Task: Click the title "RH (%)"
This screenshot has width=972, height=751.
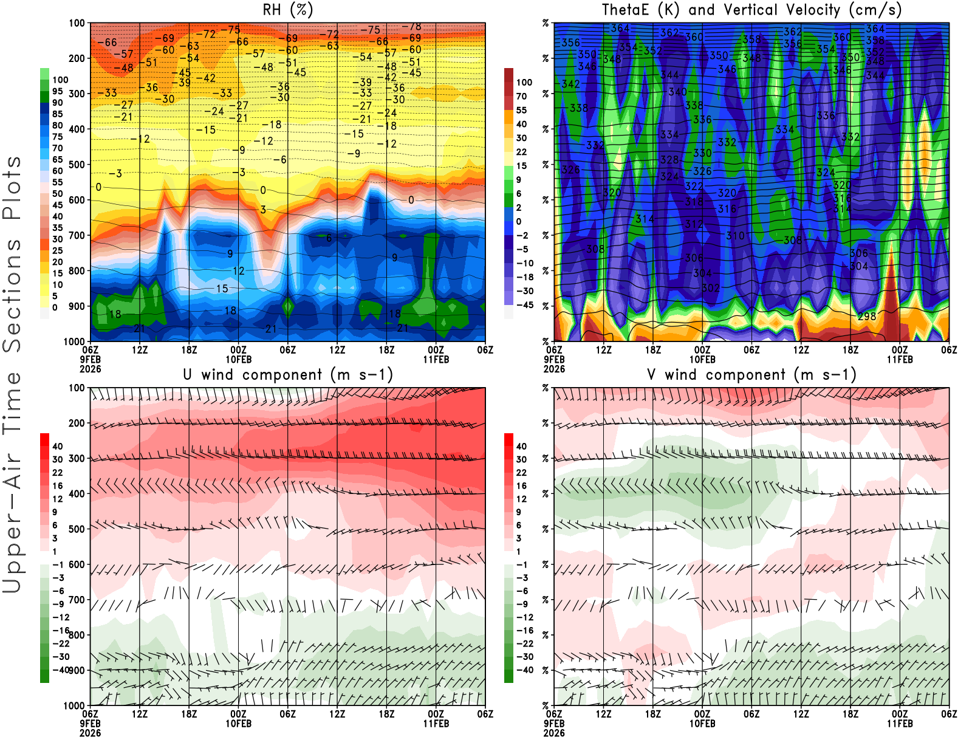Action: coord(287,10)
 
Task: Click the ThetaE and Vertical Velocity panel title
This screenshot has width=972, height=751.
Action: coord(751,10)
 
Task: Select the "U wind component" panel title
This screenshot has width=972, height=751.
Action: coord(287,374)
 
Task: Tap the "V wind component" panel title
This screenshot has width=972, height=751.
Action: coord(751,374)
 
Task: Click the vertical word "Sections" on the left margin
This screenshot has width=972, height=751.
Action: coord(12,295)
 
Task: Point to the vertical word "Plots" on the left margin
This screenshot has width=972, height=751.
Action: coord(12,188)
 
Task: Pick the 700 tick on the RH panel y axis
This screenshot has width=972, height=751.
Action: coord(77,235)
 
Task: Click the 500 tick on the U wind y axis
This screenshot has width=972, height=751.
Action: coord(77,529)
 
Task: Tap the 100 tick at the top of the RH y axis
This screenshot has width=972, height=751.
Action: coord(77,23)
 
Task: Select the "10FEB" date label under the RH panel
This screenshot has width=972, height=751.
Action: coord(238,359)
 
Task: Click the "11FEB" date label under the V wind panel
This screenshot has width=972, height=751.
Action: coord(900,724)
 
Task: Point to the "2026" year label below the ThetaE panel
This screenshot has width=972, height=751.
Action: coord(554,369)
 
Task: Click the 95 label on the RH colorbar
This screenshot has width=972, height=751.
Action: coord(58,91)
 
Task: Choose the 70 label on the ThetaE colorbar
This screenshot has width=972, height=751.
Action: coord(521,96)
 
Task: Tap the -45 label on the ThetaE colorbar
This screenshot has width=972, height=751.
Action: coord(525,305)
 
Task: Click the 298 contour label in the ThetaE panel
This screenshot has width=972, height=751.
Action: coord(867,317)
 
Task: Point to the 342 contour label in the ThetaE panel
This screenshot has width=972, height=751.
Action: coord(570,84)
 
